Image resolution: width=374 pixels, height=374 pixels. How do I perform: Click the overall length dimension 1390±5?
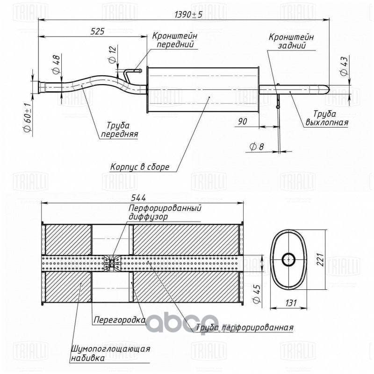pyautogui.click(x=188, y=15)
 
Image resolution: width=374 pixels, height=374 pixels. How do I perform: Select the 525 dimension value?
pyautogui.click(x=97, y=31)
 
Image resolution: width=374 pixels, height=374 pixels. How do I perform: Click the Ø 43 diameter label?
pyautogui.click(x=344, y=66)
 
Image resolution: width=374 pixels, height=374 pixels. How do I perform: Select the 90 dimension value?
pyautogui.click(x=242, y=121)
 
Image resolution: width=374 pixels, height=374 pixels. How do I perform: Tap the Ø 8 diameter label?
pyautogui.click(x=257, y=146)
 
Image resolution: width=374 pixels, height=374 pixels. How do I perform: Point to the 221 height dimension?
pyautogui.click(x=320, y=259)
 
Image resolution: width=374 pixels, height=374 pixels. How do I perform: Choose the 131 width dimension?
pyautogui.click(x=291, y=302)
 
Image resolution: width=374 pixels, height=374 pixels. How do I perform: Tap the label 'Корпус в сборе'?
pyautogui.click(x=139, y=167)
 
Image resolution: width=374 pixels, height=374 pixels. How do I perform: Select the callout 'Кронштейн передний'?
pyautogui.click(x=175, y=40)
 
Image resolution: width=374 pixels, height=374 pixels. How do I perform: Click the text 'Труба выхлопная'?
pyautogui.click(x=326, y=118)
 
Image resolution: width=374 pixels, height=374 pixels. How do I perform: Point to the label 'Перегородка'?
pyautogui.click(x=120, y=320)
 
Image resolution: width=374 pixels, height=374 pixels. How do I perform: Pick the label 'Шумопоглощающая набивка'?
pyautogui.click(x=111, y=353)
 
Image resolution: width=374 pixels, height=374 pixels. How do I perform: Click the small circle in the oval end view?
pyautogui.click(x=288, y=259)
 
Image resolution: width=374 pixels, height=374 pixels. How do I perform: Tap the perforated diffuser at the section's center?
pyautogui.click(x=112, y=263)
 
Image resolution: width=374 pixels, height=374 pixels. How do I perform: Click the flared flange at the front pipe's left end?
pyautogui.click(x=42, y=87)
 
